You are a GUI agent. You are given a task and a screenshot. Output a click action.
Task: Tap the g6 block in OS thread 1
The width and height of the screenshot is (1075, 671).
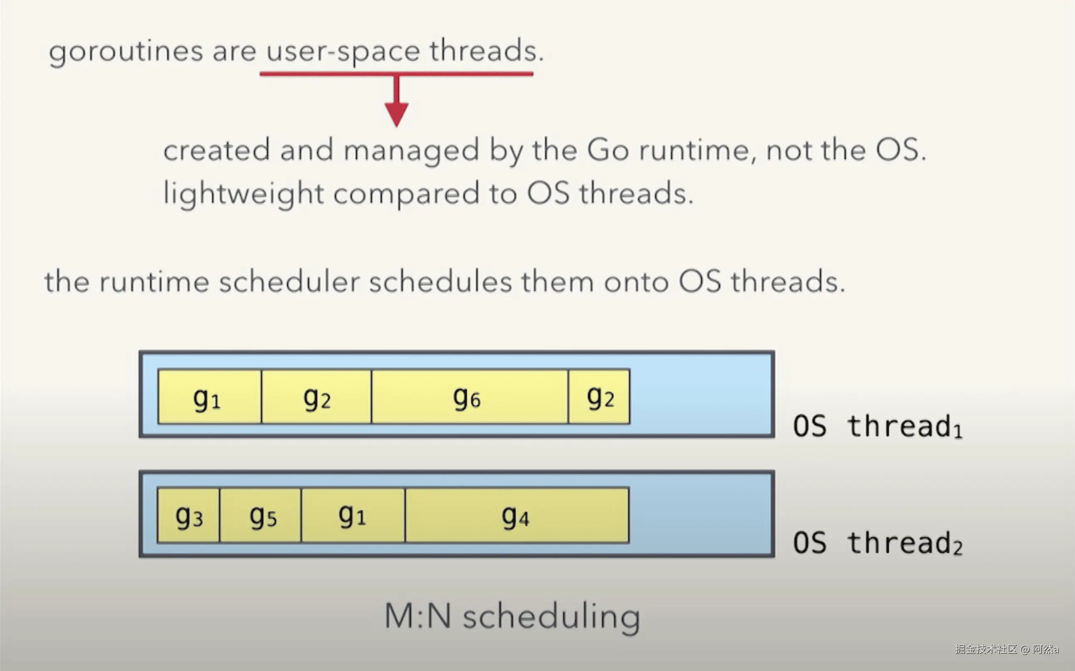(470, 397)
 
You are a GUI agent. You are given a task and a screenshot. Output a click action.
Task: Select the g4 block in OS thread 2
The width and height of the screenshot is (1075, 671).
(517, 515)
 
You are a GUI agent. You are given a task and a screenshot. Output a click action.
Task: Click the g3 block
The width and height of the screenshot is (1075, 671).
(189, 515)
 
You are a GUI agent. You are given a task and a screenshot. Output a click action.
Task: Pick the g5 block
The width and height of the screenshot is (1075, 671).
(260, 515)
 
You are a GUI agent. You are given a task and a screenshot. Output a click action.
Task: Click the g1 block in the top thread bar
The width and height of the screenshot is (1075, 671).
(210, 397)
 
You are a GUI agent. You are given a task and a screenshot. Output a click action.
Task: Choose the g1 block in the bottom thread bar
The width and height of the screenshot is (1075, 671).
(353, 515)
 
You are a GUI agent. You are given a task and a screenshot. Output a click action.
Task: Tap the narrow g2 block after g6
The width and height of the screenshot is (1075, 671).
(599, 397)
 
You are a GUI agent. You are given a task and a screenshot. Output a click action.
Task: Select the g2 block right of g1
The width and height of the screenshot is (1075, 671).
(316, 397)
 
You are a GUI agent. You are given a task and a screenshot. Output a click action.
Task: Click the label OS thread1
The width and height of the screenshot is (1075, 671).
(878, 427)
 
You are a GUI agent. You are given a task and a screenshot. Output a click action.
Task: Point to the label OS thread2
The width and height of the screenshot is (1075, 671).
(878, 543)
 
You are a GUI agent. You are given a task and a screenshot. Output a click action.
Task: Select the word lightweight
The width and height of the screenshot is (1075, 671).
(244, 194)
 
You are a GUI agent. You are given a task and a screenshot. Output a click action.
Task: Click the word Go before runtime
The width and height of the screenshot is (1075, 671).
(608, 150)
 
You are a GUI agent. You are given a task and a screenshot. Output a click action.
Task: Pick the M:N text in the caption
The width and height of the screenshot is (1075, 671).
(417, 616)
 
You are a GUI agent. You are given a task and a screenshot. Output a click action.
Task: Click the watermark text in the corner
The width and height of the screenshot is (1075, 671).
(1007, 649)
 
